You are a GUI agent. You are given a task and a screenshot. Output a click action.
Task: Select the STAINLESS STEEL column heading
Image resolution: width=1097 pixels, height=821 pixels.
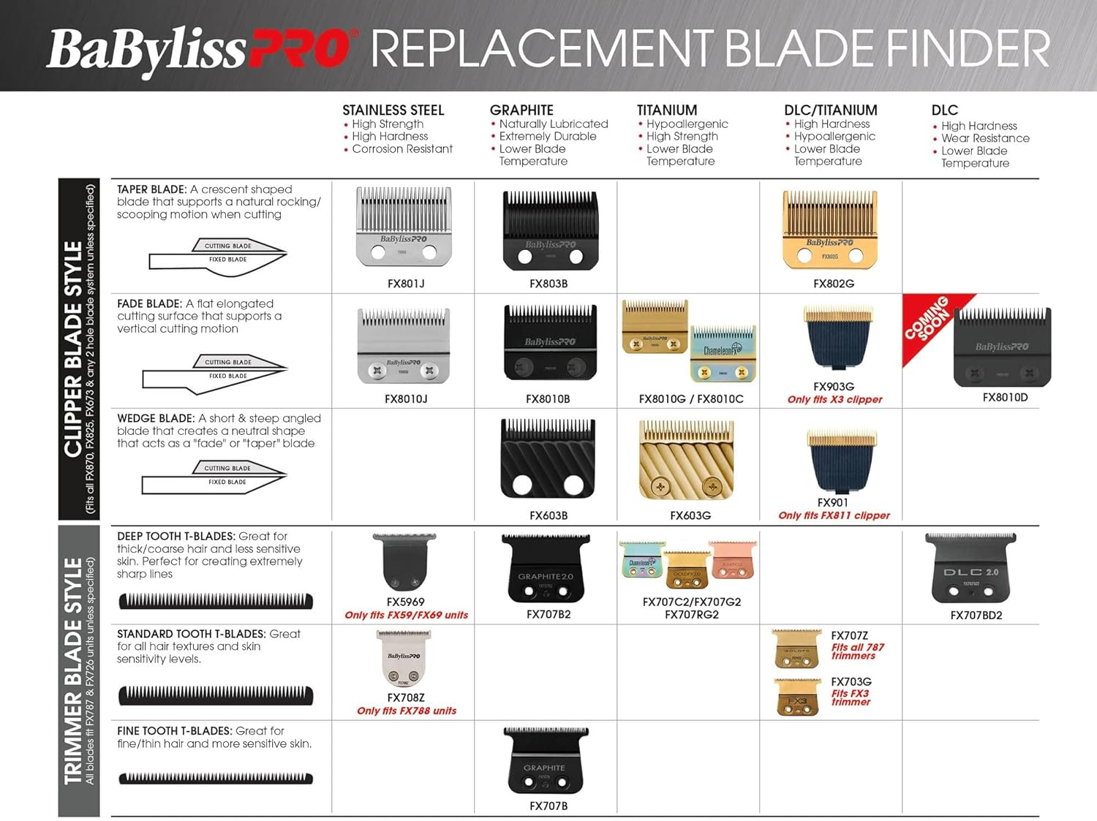tap(393, 110)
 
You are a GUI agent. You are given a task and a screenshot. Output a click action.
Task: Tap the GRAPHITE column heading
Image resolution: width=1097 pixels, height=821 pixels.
tap(521, 110)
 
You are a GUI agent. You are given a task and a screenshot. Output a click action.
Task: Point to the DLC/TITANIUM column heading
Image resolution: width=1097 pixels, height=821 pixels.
tap(830, 110)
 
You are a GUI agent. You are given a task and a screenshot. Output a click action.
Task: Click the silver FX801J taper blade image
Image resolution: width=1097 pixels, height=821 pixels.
tap(404, 226)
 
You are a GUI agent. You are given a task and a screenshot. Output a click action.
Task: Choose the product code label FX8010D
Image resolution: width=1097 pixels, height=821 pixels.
tap(1005, 398)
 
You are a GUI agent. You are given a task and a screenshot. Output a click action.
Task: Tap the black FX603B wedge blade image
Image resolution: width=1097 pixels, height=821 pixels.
tap(548, 458)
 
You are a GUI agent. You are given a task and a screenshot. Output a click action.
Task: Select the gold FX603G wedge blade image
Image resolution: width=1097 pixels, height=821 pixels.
tap(686, 460)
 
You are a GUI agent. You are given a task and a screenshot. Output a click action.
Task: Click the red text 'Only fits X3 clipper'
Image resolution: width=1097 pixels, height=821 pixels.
tap(834, 400)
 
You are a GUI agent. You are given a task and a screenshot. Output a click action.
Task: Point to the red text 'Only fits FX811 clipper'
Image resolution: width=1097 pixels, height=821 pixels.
tap(834, 515)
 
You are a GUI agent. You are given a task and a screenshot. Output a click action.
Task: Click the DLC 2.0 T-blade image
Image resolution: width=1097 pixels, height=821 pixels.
tap(970, 567)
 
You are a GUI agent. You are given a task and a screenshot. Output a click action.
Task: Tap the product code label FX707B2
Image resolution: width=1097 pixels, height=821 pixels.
tap(548, 615)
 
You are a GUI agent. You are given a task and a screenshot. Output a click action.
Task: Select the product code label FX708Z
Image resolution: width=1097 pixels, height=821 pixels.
tap(405, 698)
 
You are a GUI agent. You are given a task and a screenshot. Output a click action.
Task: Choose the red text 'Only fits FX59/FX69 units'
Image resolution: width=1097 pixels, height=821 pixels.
tap(406, 616)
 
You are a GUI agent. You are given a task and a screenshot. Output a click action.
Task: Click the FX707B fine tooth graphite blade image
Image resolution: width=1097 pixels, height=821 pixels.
tap(546, 760)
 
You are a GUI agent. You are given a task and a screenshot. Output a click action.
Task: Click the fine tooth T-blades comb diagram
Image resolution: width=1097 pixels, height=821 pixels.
tap(216, 779)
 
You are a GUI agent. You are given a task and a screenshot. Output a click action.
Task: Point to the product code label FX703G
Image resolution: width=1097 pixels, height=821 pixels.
tap(851, 682)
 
